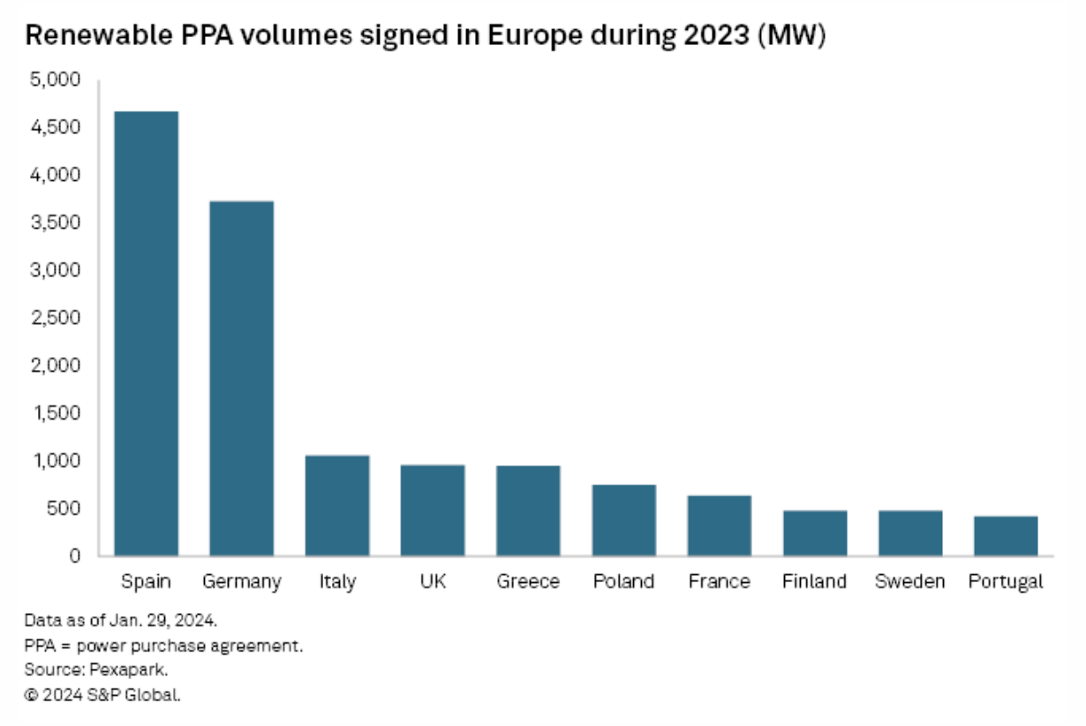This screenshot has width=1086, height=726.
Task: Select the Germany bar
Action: point(242,379)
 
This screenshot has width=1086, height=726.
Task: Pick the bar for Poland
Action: point(624,520)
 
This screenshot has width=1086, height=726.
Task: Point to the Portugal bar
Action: point(1006,536)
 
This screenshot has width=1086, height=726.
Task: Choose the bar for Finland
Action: point(815,533)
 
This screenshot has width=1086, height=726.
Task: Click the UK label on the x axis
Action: point(433,582)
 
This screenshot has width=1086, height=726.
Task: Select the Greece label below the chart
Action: point(528,582)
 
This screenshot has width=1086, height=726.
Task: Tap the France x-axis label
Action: point(719,582)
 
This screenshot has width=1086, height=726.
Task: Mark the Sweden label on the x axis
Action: point(909,582)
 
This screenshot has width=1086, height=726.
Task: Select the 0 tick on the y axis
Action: point(75,556)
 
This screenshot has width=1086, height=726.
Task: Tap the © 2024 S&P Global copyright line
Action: point(102,695)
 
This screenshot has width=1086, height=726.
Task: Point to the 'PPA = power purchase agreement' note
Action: point(163,646)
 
